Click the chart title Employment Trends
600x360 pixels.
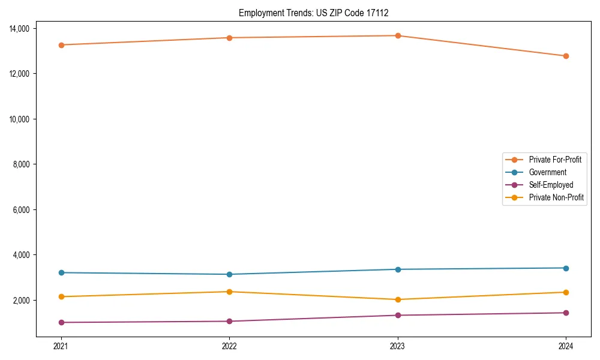point(317,13)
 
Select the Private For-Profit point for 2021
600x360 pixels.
point(61,45)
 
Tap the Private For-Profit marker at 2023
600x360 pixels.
point(397,36)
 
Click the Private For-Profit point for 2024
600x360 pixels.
point(566,56)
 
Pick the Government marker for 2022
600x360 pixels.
point(229,274)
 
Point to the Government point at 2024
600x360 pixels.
point(566,268)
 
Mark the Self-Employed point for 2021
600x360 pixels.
point(61,322)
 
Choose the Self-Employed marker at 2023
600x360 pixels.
point(397,315)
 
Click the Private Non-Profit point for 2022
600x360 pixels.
point(229,292)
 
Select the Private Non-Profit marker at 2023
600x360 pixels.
point(397,299)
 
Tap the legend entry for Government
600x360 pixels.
point(547,172)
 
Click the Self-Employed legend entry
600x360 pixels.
point(551,185)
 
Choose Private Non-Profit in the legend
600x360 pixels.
point(556,197)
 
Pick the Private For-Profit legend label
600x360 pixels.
point(555,160)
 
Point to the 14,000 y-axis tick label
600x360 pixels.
point(23,29)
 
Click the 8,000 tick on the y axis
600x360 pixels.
point(25,164)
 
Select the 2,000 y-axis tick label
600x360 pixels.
point(25,300)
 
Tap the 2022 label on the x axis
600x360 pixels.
point(229,346)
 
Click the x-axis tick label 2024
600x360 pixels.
point(566,346)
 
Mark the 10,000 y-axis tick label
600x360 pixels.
point(23,119)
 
